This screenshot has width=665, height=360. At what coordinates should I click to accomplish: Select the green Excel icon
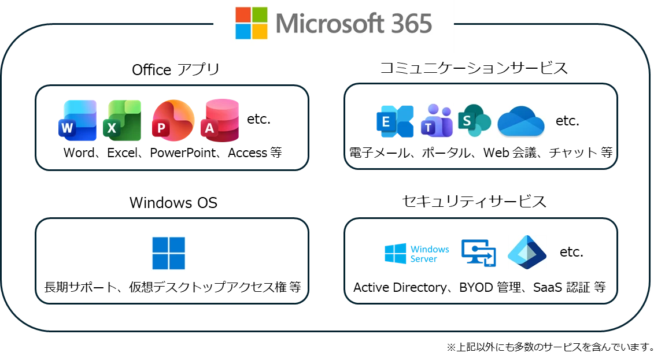click(x=123, y=121)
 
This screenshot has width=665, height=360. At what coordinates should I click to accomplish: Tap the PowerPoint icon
click(x=172, y=121)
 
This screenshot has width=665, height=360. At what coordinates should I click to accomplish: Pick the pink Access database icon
click(x=220, y=120)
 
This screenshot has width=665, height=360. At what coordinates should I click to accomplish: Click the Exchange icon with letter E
click(x=395, y=121)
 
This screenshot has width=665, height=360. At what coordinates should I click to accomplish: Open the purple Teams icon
click(x=437, y=121)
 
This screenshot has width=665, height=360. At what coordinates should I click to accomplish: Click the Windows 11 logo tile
click(x=168, y=252)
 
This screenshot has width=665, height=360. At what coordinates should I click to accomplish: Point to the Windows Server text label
click(x=431, y=254)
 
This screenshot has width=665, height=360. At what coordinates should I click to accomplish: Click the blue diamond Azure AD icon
click(x=527, y=252)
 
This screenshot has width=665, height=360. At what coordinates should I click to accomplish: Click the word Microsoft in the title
click(x=330, y=24)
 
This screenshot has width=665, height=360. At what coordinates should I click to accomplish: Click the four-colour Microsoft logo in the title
click(x=252, y=23)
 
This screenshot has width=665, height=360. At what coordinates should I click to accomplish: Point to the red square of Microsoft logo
click(x=243, y=15)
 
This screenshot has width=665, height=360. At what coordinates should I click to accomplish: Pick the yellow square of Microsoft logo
click(x=260, y=32)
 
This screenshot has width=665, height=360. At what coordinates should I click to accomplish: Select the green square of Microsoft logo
click(x=260, y=15)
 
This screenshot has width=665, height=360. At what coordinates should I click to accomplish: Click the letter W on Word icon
click(x=67, y=129)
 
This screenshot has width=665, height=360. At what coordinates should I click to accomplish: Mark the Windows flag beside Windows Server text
click(x=395, y=254)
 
